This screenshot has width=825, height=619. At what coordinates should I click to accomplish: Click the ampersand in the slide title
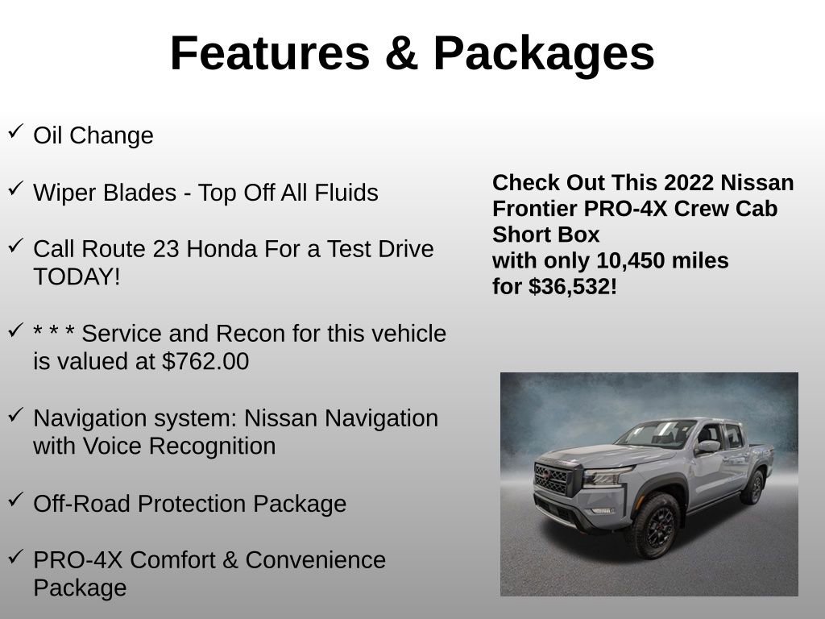point(401,53)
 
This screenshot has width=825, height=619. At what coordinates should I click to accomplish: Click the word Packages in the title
point(544,55)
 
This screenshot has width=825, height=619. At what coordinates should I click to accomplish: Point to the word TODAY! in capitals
point(77,277)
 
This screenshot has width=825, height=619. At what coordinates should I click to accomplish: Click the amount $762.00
point(205,362)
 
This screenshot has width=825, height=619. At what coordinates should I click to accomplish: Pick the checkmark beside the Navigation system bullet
point(15,414)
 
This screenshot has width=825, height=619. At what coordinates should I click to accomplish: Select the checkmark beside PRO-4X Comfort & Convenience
point(15,555)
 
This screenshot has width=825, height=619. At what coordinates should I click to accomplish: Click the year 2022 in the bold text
point(688,183)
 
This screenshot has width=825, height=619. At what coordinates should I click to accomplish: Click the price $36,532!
point(573,287)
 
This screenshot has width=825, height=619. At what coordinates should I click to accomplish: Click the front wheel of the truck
point(653,525)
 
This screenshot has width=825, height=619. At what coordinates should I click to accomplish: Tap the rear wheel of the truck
point(755,487)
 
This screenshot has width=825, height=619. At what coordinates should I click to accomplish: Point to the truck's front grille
point(552,478)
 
